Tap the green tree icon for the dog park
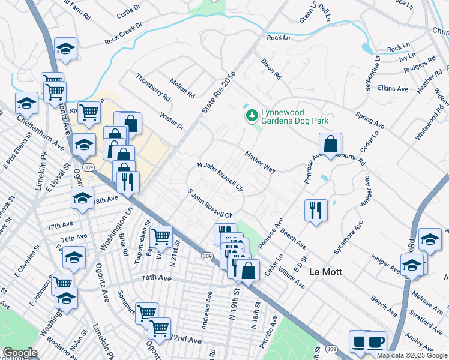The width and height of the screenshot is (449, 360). pyautogui.click(x=252, y=115)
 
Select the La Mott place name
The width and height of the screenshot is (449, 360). pyautogui.click(x=325, y=272)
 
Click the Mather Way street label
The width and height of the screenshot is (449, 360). pyautogui.click(x=260, y=162)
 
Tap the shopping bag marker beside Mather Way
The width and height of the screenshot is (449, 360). pyautogui.click(x=330, y=145)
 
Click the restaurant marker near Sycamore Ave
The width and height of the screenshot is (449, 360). pyautogui.click(x=316, y=211)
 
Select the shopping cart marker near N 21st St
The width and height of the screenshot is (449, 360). pyautogui.click(x=161, y=237)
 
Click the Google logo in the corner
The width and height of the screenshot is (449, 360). pyautogui.click(x=20, y=353)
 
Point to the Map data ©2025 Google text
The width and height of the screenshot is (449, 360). pyautogui.click(x=412, y=355)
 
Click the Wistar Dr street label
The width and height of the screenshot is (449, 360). pyautogui.click(x=172, y=119)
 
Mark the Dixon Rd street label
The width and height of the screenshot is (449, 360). pyautogui.click(x=271, y=69)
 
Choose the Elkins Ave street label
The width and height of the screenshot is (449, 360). pyautogui.click(x=393, y=88)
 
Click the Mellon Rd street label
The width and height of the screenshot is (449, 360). pyautogui.click(x=182, y=88)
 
